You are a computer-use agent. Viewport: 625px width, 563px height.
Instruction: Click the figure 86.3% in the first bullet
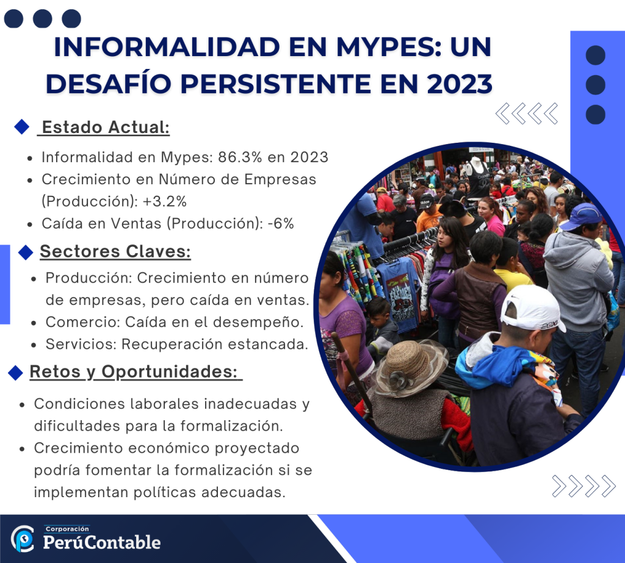[x=239, y=157]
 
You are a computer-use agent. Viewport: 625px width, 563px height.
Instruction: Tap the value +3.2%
[x=164, y=202]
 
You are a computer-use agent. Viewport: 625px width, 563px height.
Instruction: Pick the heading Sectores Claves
[x=115, y=251]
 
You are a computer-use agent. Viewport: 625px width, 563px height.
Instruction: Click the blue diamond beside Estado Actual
[x=21, y=127]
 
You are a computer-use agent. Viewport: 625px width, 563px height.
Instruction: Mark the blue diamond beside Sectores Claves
[x=26, y=252]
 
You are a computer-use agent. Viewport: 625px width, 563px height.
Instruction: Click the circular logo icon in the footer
[x=23, y=539]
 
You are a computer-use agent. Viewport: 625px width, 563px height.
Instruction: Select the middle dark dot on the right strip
[x=596, y=85]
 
